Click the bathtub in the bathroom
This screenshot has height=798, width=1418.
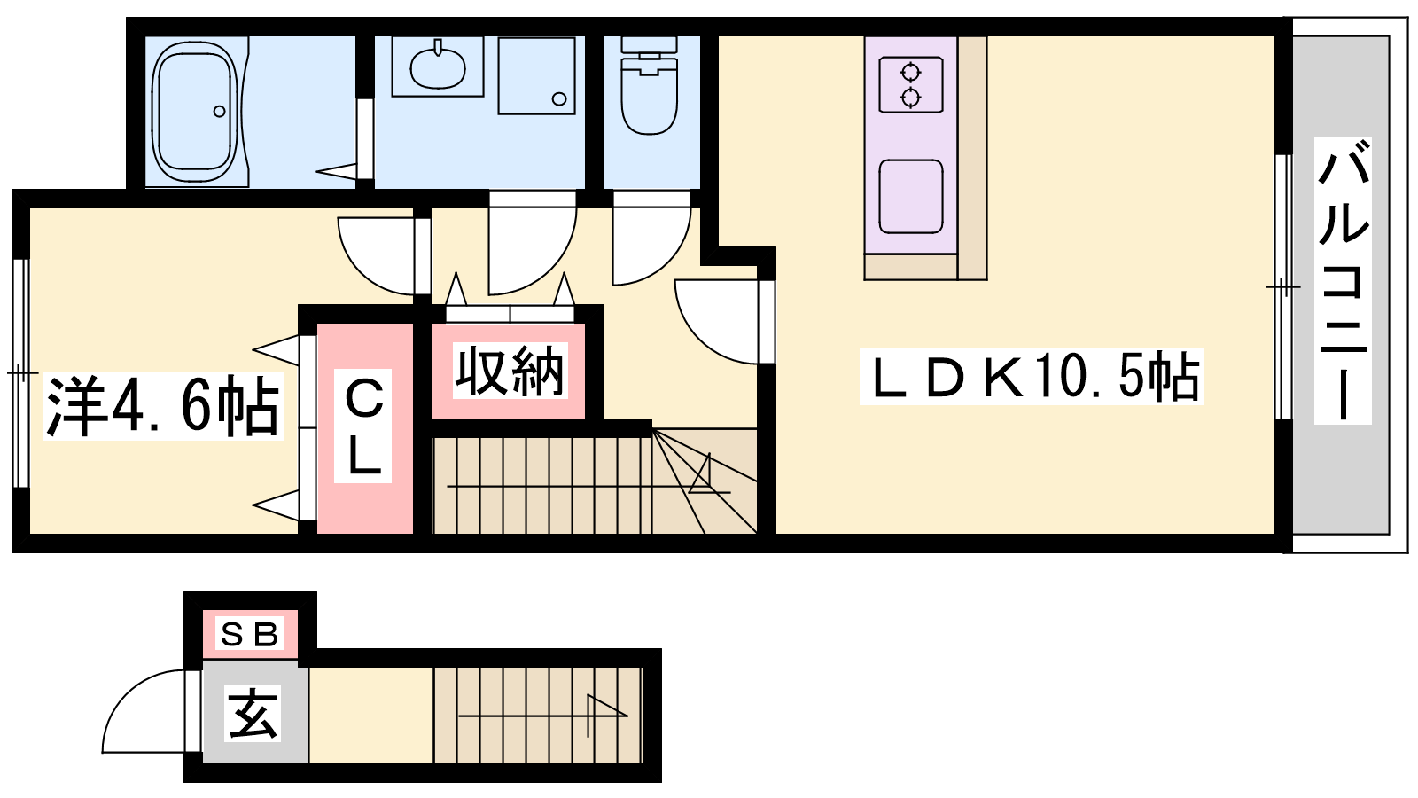[x=197, y=112]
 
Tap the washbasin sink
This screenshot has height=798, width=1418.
[x=438, y=66]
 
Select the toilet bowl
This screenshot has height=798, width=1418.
[x=649, y=95]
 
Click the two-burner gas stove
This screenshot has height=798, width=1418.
[x=910, y=85]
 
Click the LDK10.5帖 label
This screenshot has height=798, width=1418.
[x=1032, y=377]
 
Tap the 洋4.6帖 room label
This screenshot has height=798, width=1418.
[x=163, y=407]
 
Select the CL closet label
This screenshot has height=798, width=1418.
[x=363, y=426]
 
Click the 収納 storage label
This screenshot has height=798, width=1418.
[x=510, y=372]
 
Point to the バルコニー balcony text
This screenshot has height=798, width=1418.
[x=1342, y=280]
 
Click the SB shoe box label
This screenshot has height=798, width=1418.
[x=249, y=634]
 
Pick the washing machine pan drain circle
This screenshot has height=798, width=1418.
[x=559, y=98]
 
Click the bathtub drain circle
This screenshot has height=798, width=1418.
[x=220, y=112]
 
